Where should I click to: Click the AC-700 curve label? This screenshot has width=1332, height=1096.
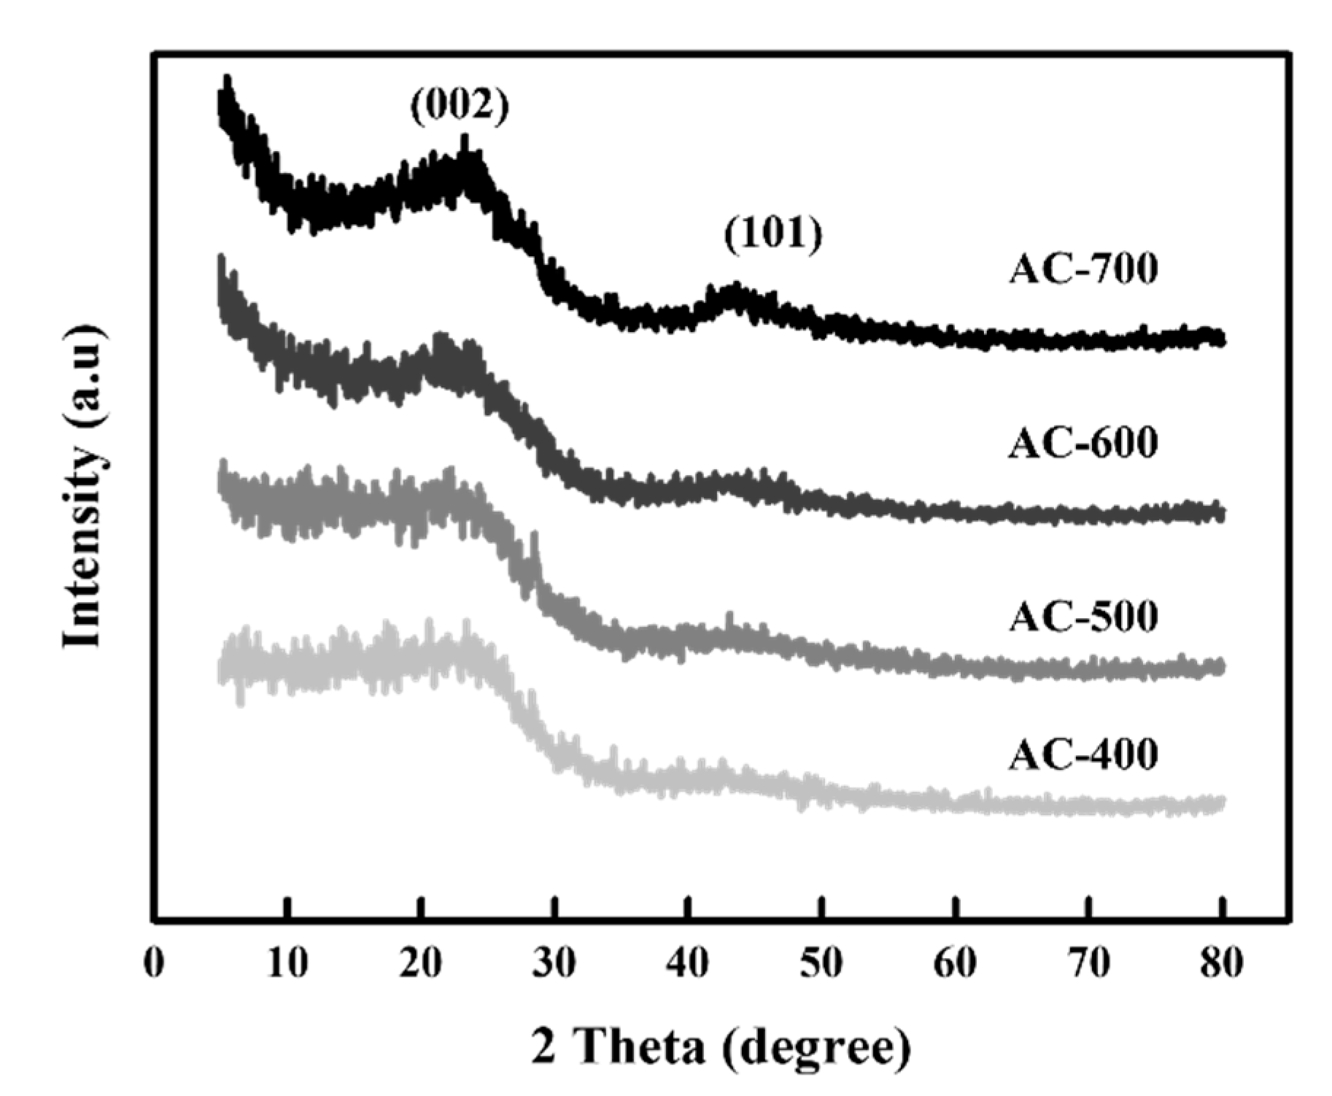point(1083,269)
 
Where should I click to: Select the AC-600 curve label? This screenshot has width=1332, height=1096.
point(1083,443)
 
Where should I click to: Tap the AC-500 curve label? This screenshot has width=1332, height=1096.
point(1083,617)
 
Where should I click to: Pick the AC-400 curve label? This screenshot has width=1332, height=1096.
point(1083,755)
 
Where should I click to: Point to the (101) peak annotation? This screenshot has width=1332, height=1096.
point(773,235)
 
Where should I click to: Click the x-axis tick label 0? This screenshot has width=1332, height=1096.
point(154,964)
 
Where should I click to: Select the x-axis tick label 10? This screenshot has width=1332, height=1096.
point(287,964)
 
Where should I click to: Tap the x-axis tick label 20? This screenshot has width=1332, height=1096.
point(421,964)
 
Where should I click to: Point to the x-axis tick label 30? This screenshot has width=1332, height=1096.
point(554,964)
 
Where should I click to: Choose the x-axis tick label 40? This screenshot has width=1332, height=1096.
point(688,964)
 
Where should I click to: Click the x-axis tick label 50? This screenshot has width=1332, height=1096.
point(821,964)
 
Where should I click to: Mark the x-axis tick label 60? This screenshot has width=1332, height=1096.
point(955,964)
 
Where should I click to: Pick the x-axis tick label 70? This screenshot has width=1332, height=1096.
point(1088,964)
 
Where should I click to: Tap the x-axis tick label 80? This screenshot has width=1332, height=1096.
point(1222,964)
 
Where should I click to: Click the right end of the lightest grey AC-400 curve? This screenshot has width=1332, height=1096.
point(1220,804)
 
